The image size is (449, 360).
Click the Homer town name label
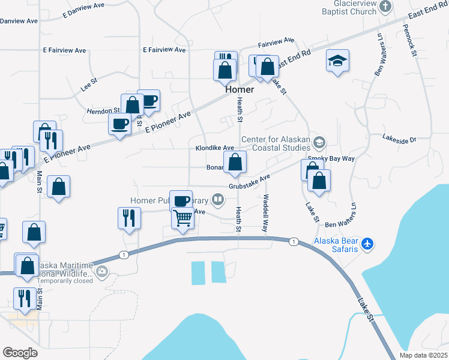(x=240, y=89)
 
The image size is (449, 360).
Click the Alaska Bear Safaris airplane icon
(x=369, y=244)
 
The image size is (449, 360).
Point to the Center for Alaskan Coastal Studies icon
(x=319, y=142)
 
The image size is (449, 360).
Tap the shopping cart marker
(x=183, y=218)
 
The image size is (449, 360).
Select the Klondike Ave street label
(x=214, y=148)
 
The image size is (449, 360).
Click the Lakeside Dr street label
(x=399, y=140)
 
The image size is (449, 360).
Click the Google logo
(x=20, y=353)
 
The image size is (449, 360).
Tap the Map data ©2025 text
(x=423, y=355)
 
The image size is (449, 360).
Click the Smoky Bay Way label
(x=331, y=158)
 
